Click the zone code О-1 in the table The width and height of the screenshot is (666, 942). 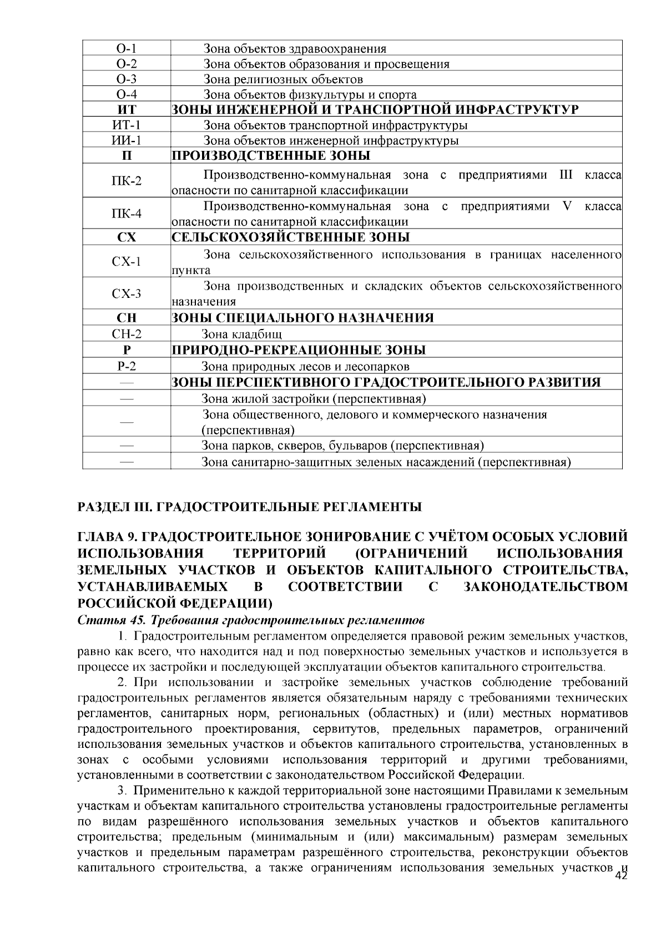click(x=127, y=48)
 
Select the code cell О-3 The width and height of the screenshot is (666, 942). click(x=127, y=79)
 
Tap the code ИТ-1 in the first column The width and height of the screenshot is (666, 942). click(x=127, y=125)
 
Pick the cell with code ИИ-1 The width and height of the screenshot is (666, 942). click(x=127, y=140)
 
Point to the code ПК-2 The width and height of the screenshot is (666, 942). click(x=127, y=181)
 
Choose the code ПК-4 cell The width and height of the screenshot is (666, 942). click(x=127, y=214)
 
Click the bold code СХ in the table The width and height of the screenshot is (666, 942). click(x=127, y=237)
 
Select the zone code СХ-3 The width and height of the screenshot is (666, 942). click(x=127, y=293)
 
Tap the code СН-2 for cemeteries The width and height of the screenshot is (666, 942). click(x=127, y=334)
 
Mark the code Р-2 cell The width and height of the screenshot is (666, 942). click(x=127, y=366)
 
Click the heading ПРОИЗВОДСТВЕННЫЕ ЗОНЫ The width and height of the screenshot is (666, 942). click(x=270, y=155)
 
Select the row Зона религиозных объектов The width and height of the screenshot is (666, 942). click(x=283, y=79)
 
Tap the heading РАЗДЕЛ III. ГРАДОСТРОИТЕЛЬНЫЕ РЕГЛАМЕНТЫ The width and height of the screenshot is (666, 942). click(x=250, y=507)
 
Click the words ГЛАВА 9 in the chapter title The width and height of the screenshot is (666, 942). click(x=107, y=537)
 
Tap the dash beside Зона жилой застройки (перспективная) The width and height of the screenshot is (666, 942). click(x=127, y=399)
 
